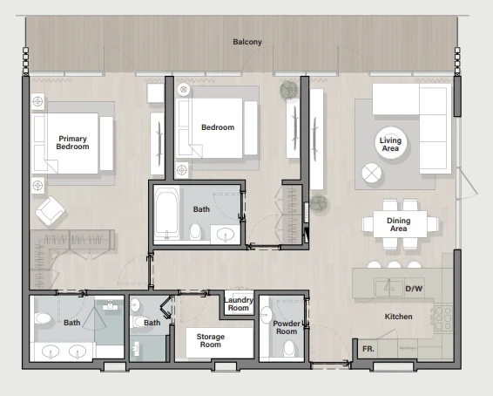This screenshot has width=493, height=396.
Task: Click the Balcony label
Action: click(247, 42)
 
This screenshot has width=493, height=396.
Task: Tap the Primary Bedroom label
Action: click(72, 142)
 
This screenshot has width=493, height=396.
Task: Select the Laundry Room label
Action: click(239, 304)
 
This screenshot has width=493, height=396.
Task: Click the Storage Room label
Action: click(210, 340)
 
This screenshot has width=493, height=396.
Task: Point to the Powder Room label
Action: click(287, 327)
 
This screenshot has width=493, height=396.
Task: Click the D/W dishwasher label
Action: click(414, 289)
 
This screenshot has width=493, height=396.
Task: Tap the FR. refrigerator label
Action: click(368, 349)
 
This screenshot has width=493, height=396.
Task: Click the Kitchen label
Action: click(398, 317)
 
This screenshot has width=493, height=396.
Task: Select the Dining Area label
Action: click(398, 224)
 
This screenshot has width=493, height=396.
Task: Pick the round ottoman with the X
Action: click(372, 173)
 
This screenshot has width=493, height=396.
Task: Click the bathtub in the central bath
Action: click(166, 214)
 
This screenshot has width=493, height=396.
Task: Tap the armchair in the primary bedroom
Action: click(51, 211)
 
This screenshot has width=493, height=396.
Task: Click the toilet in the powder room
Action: click(289, 348)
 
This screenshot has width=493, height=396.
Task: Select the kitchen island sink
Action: click(389, 288)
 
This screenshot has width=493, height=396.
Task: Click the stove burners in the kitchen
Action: click(443, 318)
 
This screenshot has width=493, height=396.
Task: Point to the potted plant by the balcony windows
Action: click(288, 90)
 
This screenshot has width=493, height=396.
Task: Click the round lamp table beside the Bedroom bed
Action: click(183, 90)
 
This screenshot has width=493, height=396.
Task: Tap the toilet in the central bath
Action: click(195, 231)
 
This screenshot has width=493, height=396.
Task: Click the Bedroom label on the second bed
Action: click(218, 127)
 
